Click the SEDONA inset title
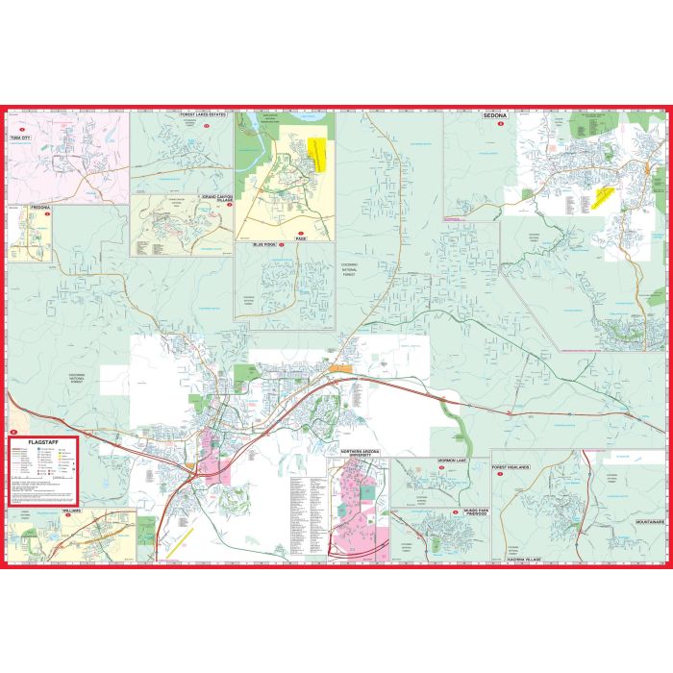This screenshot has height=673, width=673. click(x=498, y=114)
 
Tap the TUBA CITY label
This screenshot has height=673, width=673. click(x=19, y=138)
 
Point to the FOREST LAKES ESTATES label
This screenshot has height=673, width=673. click(x=202, y=114)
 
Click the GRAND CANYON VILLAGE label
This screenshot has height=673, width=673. click(x=219, y=199)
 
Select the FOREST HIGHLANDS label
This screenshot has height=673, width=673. click(x=511, y=467)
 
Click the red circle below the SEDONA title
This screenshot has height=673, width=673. click(x=499, y=123)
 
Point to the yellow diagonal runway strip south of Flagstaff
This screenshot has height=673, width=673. click(x=187, y=535)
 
